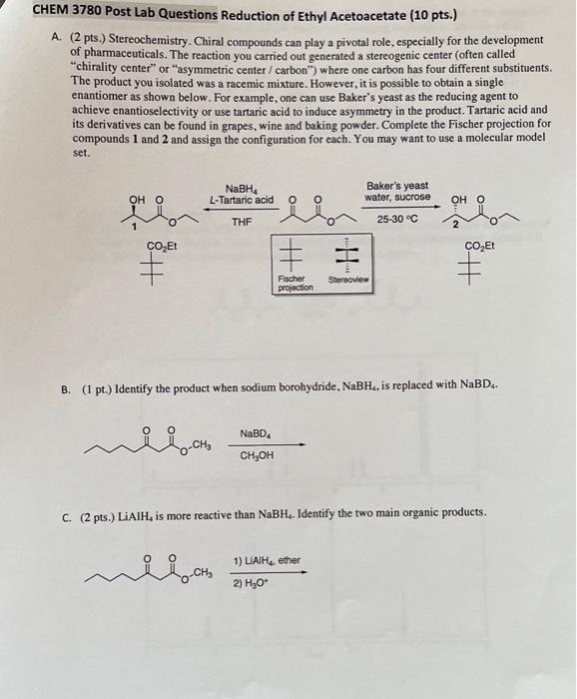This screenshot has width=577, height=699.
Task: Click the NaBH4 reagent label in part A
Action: point(239,189)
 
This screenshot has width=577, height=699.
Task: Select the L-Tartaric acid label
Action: point(241,201)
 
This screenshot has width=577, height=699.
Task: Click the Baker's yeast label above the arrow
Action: point(397,186)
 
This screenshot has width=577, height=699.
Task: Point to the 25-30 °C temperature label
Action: point(397,219)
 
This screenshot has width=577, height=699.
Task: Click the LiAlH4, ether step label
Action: point(267,560)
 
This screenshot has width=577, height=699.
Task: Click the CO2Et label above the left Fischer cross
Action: point(161,247)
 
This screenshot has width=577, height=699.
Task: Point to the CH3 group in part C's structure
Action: point(202,572)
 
